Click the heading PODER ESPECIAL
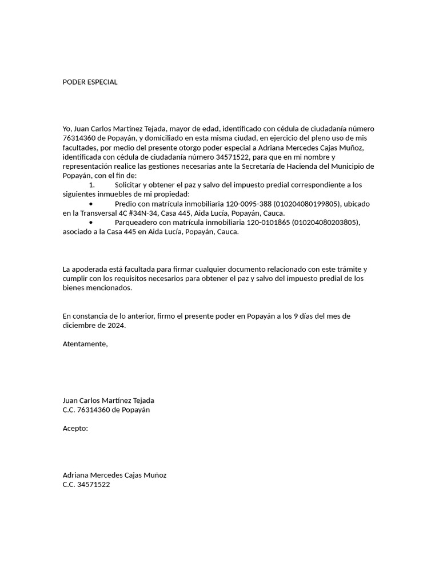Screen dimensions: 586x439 90,82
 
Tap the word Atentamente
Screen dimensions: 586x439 85,344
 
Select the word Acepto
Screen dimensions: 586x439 75,428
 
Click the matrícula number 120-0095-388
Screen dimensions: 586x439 249,204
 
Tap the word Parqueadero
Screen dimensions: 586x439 138,222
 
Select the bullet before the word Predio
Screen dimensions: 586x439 91,204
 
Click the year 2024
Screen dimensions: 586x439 114,325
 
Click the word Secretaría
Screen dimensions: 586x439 271,166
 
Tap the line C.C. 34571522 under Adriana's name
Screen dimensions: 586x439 86,484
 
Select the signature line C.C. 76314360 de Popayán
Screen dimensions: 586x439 106,410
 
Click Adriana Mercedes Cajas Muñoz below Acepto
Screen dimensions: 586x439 114,475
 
